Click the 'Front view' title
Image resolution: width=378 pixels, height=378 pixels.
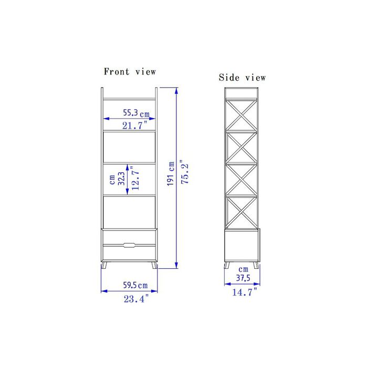click(130, 71)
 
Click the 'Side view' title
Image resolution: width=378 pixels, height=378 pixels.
click(242, 77)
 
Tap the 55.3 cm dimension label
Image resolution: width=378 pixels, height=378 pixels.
click(136, 113)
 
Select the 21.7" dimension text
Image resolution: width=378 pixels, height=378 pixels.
click(134, 125)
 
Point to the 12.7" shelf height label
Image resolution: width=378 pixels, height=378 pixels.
click(135, 178)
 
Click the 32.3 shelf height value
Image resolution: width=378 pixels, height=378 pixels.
click(121, 178)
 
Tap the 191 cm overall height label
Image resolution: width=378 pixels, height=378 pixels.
click(171, 174)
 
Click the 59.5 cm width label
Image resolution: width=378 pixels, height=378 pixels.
click(135, 285)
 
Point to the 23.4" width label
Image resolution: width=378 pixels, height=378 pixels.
click(136, 299)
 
